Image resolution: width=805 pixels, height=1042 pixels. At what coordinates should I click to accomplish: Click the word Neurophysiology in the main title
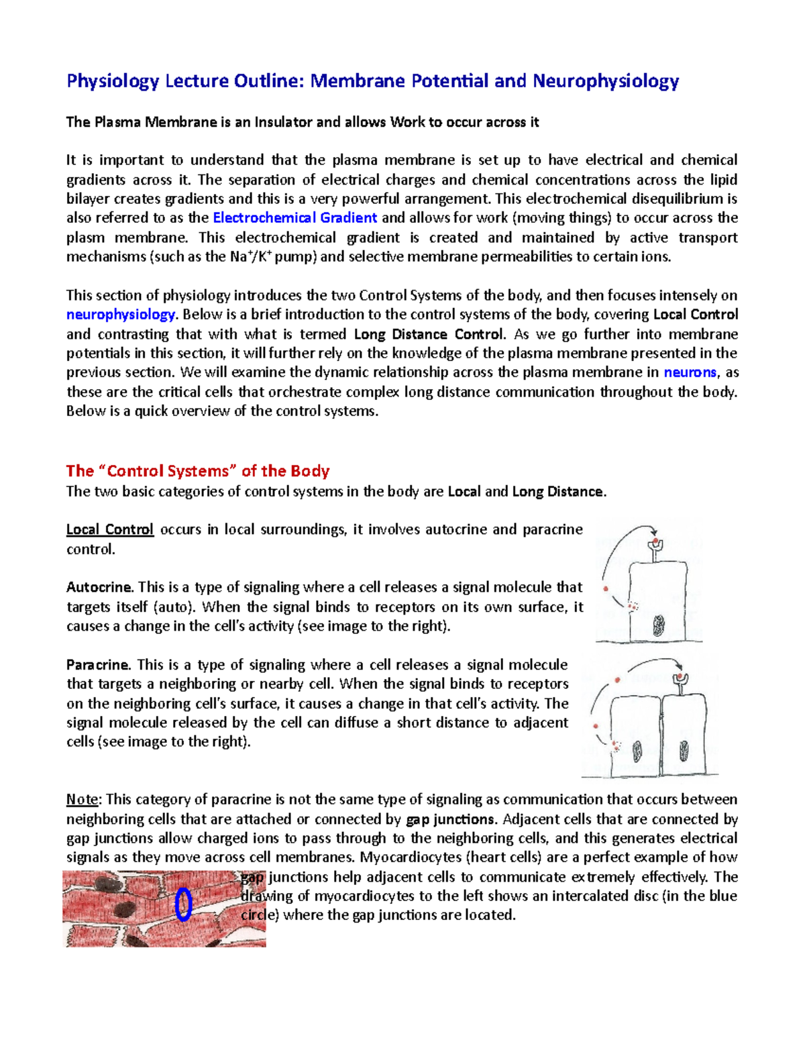click(x=606, y=81)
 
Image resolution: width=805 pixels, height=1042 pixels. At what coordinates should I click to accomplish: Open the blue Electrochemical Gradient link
click(x=294, y=218)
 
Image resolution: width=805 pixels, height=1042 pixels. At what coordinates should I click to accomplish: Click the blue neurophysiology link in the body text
click(x=121, y=315)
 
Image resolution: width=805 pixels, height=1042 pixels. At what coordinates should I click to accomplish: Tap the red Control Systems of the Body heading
click(x=198, y=471)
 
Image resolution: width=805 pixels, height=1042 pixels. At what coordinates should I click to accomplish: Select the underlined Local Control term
click(x=110, y=530)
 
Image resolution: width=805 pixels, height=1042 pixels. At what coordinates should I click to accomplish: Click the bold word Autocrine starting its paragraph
click(x=99, y=588)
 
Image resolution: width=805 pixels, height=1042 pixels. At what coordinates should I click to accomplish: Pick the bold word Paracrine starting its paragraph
click(x=98, y=665)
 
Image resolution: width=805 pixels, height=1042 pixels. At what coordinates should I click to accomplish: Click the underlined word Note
click(x=83, y=800)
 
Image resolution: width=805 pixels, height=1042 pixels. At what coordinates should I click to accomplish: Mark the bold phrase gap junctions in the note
click(x=450, y=819)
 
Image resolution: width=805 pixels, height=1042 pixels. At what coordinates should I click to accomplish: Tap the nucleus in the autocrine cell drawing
click(x=659, y=626)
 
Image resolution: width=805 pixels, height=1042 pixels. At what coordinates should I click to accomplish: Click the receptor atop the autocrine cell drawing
click(x=655, y=545)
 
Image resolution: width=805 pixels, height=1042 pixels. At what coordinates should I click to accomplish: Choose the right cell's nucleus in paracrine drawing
click(x=684, y=750)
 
